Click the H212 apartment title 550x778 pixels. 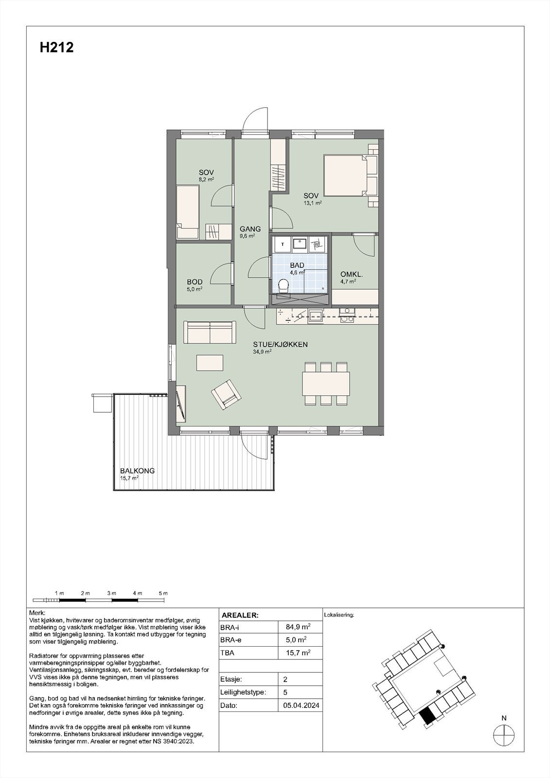[56, 48]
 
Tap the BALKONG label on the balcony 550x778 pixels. [137, 471]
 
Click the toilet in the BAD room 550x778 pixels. [283, 286]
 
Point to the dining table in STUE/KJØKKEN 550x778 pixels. [326, 384]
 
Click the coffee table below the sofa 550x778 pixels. [210, 363]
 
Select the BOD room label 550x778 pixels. [195, 282]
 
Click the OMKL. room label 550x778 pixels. [351, 274]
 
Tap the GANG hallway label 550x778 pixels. [250, 229]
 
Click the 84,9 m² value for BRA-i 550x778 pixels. [299, 627]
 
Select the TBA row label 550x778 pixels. [227, 653]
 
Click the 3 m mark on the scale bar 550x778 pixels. [111, 594]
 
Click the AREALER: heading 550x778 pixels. [240, 615]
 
